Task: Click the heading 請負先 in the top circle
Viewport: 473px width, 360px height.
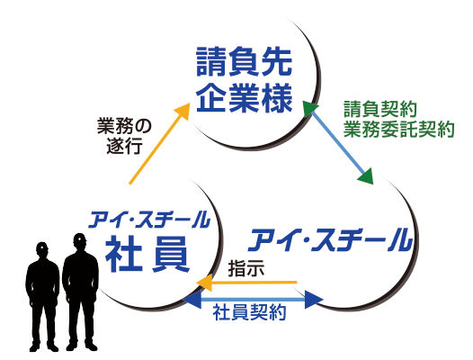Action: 244,62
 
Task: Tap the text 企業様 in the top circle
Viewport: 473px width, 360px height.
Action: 244,97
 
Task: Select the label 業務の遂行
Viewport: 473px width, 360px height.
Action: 124,137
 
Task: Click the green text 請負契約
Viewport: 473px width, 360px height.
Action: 380,109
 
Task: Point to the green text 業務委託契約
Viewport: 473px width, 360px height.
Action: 398,130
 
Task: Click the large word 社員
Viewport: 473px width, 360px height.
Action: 147,254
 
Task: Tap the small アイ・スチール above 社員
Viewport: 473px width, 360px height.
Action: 148,220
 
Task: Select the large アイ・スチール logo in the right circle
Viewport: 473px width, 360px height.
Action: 330,240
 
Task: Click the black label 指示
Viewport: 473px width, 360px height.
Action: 246,268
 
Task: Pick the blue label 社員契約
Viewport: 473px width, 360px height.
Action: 249,313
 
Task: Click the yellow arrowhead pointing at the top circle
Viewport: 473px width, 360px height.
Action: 182,111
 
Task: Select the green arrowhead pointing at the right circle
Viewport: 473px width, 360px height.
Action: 366,176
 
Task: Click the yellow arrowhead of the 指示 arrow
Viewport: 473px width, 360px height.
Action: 204,283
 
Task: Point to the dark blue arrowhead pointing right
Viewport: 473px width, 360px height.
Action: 314,300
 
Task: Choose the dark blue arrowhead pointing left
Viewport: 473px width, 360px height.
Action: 192,300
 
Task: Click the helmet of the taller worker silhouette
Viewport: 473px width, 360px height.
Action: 80,238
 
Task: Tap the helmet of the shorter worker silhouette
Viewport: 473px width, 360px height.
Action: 42,246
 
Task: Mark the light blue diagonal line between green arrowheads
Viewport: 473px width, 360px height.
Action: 338,142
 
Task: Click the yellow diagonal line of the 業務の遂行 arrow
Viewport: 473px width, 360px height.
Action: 155,148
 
